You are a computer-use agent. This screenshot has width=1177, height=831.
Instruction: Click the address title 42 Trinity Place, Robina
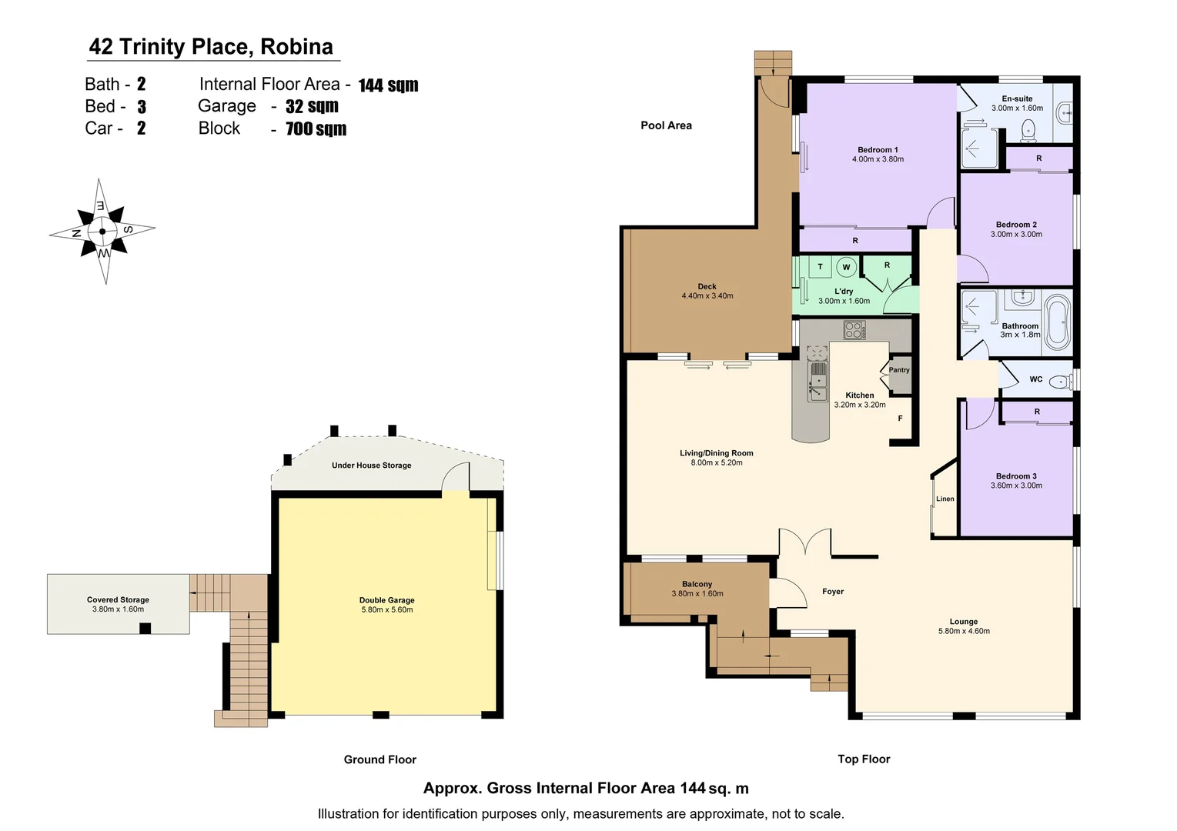[211, 47]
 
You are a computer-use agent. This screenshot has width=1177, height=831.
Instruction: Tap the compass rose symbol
[102, 230]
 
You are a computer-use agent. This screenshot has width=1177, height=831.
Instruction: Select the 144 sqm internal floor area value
[388, 85]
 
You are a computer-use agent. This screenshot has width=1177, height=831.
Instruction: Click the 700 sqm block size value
[316, 129]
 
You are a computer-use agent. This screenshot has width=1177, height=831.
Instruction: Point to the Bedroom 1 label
[878, 150]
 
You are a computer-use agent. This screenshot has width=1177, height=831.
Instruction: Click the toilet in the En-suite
[1028, 132]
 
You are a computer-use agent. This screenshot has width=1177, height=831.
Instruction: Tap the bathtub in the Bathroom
[1056, 322]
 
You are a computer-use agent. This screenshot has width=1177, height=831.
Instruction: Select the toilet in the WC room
[1060, 380]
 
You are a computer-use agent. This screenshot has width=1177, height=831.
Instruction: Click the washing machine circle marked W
[846, 267]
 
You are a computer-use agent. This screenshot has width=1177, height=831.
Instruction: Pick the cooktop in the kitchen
[854, 330]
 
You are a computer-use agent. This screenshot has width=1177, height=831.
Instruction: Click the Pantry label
[898, 370]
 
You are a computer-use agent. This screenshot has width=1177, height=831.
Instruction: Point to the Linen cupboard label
[945, 499]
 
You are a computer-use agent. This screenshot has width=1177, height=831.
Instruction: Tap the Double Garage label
[386, 600]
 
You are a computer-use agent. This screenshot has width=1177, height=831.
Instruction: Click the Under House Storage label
[371, 466]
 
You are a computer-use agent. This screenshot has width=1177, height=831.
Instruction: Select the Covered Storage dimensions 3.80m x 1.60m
[118, 609]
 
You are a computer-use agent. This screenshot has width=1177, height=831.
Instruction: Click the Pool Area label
[666, 125]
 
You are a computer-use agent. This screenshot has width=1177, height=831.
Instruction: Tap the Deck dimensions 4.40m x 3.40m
[707, 296]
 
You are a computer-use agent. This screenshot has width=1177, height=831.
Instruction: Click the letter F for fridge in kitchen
[900, 419]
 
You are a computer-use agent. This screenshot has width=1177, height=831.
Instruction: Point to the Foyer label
[832, 592]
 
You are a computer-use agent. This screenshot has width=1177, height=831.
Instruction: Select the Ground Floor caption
[380, 759]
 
